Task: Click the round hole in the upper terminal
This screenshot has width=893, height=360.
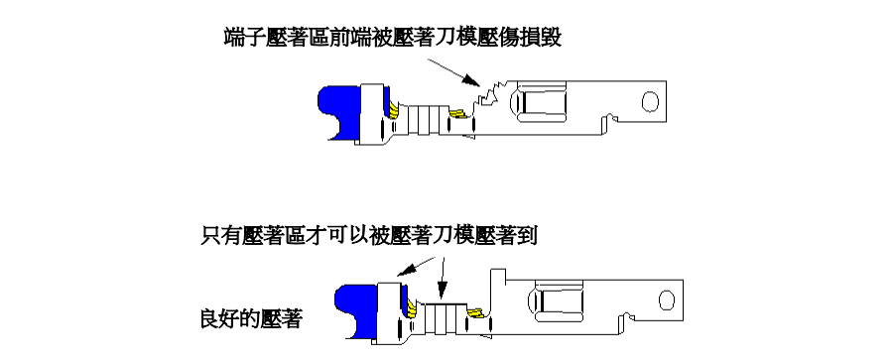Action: coord(649,100)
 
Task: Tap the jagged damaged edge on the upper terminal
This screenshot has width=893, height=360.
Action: coord(486,96)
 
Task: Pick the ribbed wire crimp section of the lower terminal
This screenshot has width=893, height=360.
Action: coord(445,316)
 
